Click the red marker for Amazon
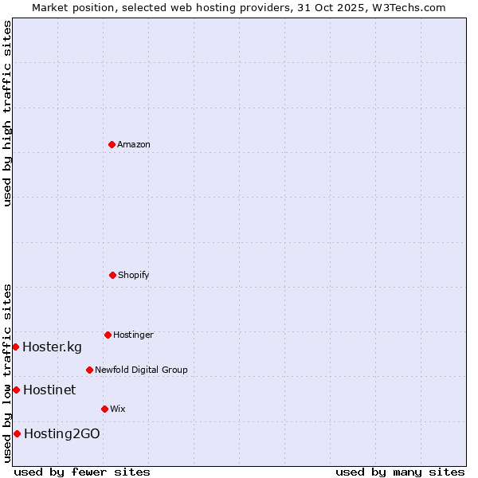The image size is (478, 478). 112,144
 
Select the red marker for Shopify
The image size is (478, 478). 112,275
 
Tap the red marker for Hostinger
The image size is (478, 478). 108,335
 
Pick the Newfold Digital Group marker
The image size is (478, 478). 89,370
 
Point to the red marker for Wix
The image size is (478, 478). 104,409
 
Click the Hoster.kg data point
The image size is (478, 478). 15,347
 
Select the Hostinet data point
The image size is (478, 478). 16,390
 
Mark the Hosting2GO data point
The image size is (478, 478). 17,433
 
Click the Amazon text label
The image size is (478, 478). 134,144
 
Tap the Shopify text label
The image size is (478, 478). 134,275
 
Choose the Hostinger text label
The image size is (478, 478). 133,335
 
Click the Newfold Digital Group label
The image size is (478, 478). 141,370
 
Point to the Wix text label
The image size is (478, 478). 118,409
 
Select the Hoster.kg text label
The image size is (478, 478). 52,347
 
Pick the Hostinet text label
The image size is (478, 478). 49,390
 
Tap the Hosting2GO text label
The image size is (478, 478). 62,433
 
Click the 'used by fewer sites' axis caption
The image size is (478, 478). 82,472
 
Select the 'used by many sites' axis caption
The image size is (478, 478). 400,472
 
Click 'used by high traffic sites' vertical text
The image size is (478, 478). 7,113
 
